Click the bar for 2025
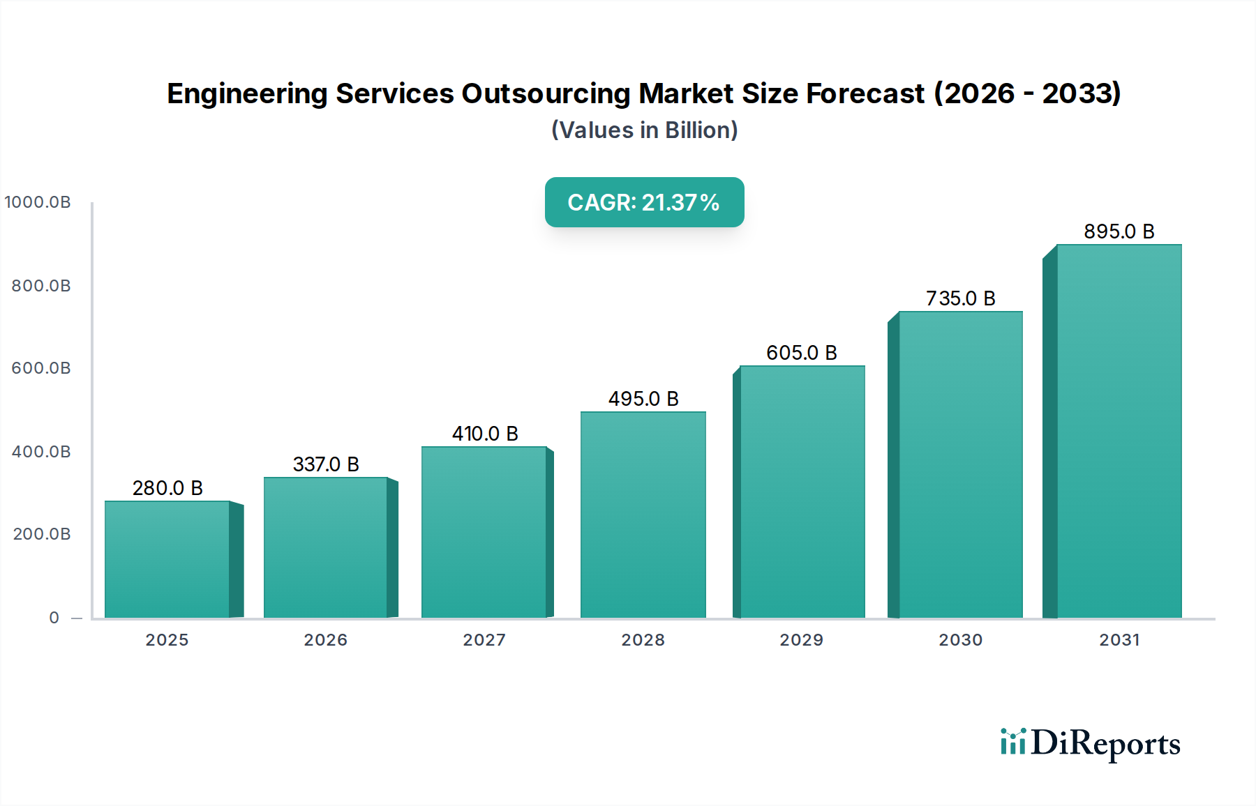click(167, 559)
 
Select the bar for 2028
click(643, 515)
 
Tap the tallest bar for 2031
click(1119, 431)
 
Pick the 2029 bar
click(802, 492)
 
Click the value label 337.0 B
click(326, 464)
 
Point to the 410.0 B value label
click(485, 434)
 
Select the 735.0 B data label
click(960, 298)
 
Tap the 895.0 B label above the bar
click(1119, 231)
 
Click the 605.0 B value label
click(801, 353)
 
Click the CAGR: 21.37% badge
click(644, 202)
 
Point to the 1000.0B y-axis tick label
click(38, 202)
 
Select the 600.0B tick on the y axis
click(41, 368)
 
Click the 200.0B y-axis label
click(42, 534)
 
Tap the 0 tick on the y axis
click(54, 618)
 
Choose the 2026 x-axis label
click(325, 640)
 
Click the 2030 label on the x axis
click(960, 640)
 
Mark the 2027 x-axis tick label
click(484, 640)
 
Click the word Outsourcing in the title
click(545, 93)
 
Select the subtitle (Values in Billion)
click(644, 130)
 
